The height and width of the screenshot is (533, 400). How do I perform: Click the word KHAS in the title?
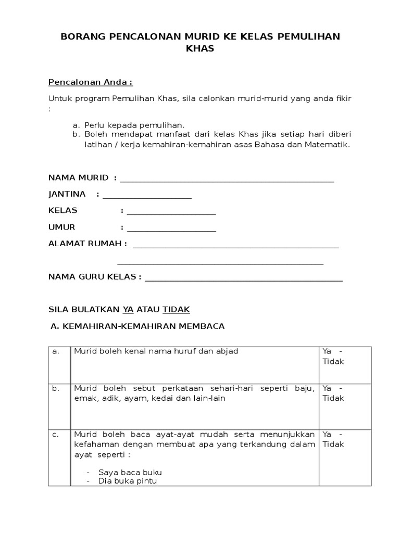200,49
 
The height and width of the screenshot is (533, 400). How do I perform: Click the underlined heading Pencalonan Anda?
90,82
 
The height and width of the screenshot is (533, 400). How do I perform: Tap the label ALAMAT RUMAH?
87,244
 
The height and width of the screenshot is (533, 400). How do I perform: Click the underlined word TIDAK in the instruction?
177,309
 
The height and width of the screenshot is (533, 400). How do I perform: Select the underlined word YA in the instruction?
128,309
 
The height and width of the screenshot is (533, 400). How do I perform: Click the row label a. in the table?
56,351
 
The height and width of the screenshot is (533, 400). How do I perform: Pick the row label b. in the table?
56,388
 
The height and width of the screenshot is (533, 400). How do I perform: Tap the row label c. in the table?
56,434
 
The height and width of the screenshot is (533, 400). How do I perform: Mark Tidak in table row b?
333,398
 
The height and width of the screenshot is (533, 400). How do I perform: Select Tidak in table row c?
333,444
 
